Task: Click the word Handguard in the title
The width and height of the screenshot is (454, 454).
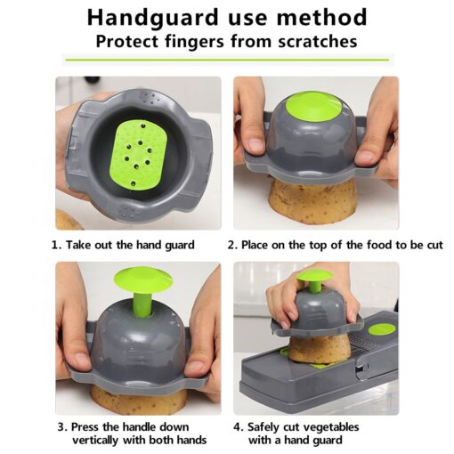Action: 152,18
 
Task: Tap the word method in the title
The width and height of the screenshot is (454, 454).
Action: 321,17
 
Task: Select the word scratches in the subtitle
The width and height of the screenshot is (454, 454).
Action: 318,41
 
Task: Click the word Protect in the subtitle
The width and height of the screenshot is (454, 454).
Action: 128,41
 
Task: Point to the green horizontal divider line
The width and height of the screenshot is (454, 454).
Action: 227,60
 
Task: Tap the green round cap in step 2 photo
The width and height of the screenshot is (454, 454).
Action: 315,108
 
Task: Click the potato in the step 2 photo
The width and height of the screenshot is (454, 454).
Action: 312,201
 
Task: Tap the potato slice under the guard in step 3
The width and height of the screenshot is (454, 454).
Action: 139,399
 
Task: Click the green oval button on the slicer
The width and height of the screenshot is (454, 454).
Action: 382,329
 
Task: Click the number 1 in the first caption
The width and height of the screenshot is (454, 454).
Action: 54,245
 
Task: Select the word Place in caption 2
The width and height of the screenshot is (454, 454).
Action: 255,245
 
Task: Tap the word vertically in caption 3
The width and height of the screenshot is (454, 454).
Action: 95,440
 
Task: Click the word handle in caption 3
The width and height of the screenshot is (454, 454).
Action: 140,427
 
